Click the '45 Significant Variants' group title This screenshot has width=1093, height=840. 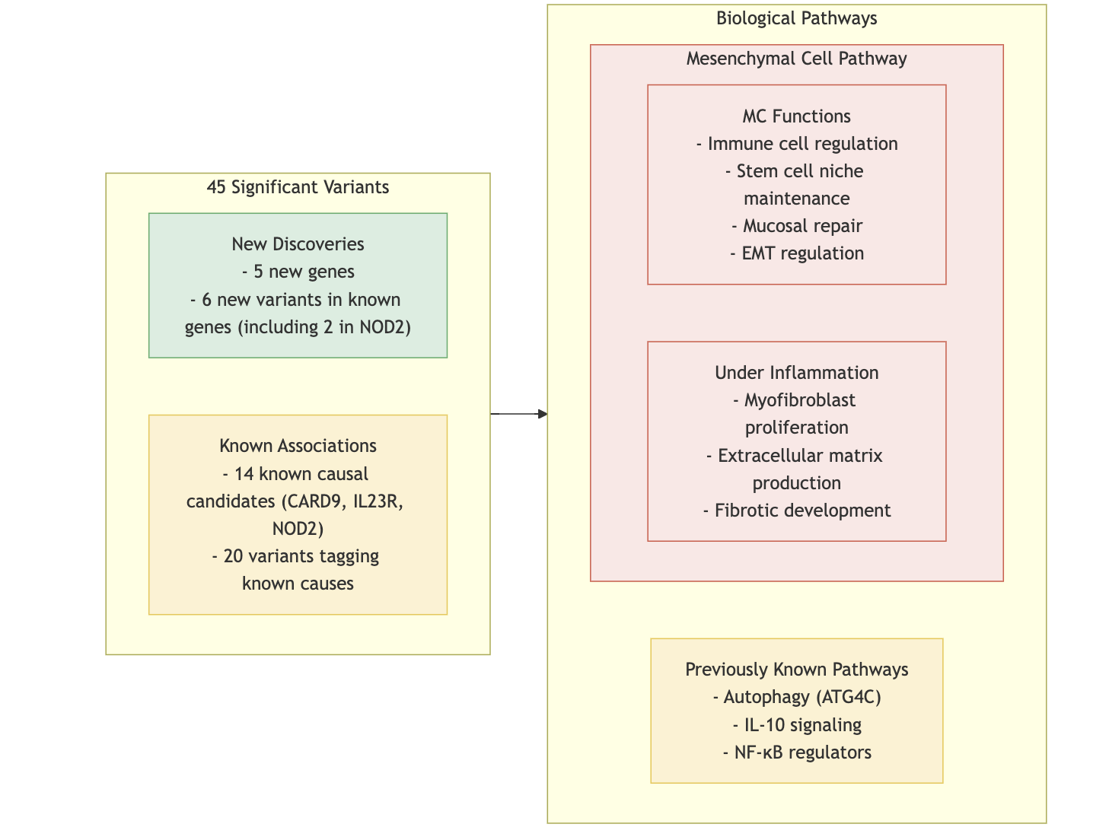pos(298,187)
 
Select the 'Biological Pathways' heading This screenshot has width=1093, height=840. pos(796,18)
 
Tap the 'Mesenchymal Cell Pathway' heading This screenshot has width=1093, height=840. pos(796,59)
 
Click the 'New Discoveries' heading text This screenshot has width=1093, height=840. pos(298,244)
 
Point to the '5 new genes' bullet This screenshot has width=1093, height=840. pos(298,272)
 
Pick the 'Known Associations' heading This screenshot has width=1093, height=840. pos(298,446)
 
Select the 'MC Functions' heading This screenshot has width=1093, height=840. pos(796,116)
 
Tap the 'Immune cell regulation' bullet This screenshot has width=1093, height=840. pos(796,144)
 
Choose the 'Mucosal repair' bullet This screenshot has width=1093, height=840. pos(796,226)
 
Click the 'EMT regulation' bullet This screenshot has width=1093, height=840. pos(796,253)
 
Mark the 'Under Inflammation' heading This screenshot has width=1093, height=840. pos(796,373)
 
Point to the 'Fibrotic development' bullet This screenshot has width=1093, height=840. pos(796,511)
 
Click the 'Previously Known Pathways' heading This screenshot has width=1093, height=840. pos(796,670)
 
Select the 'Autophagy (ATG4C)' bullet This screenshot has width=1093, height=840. pos(796,697)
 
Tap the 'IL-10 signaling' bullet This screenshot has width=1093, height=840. pos(796,724)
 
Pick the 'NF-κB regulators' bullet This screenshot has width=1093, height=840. pos(796,752)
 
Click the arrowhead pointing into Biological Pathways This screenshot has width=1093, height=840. pos(542,414)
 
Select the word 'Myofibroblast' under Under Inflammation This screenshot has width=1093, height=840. pos(799,400)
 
